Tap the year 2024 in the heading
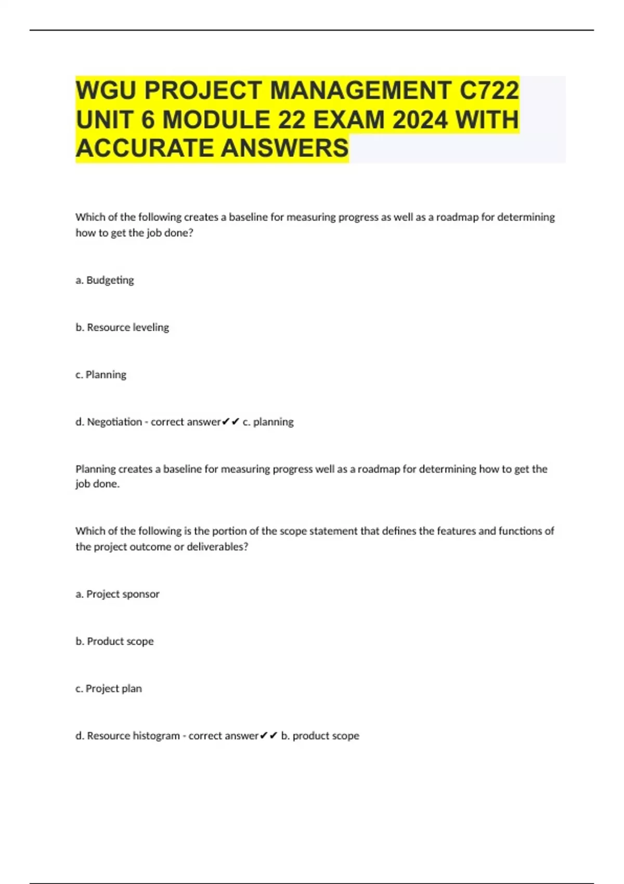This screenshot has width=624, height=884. point(420,120)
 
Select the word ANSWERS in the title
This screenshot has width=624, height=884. point(285,148)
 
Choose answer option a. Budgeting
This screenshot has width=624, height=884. point(105,280)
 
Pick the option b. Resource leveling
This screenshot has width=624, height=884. point(122,328)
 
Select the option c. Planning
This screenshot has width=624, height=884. point(101,375)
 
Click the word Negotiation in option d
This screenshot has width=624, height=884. point(114,422)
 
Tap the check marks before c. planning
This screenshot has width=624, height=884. point(230,422)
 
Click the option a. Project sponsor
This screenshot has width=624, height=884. point(118,594)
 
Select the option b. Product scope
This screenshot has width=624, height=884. point(115,641)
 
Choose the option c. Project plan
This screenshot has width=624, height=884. point(109,688)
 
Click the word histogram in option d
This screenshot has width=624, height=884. point(156,736)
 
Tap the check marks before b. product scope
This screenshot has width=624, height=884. point(268,736)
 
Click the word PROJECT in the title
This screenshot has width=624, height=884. point(203,90)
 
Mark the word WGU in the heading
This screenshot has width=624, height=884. point(106,90)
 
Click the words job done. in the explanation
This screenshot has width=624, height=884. point(98,484)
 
